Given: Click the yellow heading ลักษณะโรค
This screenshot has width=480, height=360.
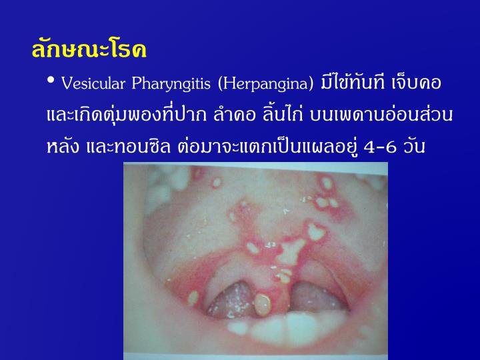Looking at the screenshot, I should tap(88, 50).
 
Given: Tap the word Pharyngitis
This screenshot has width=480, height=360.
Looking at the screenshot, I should tap(177, 84).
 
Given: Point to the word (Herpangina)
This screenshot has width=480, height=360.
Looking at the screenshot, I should tap(268, 84).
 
